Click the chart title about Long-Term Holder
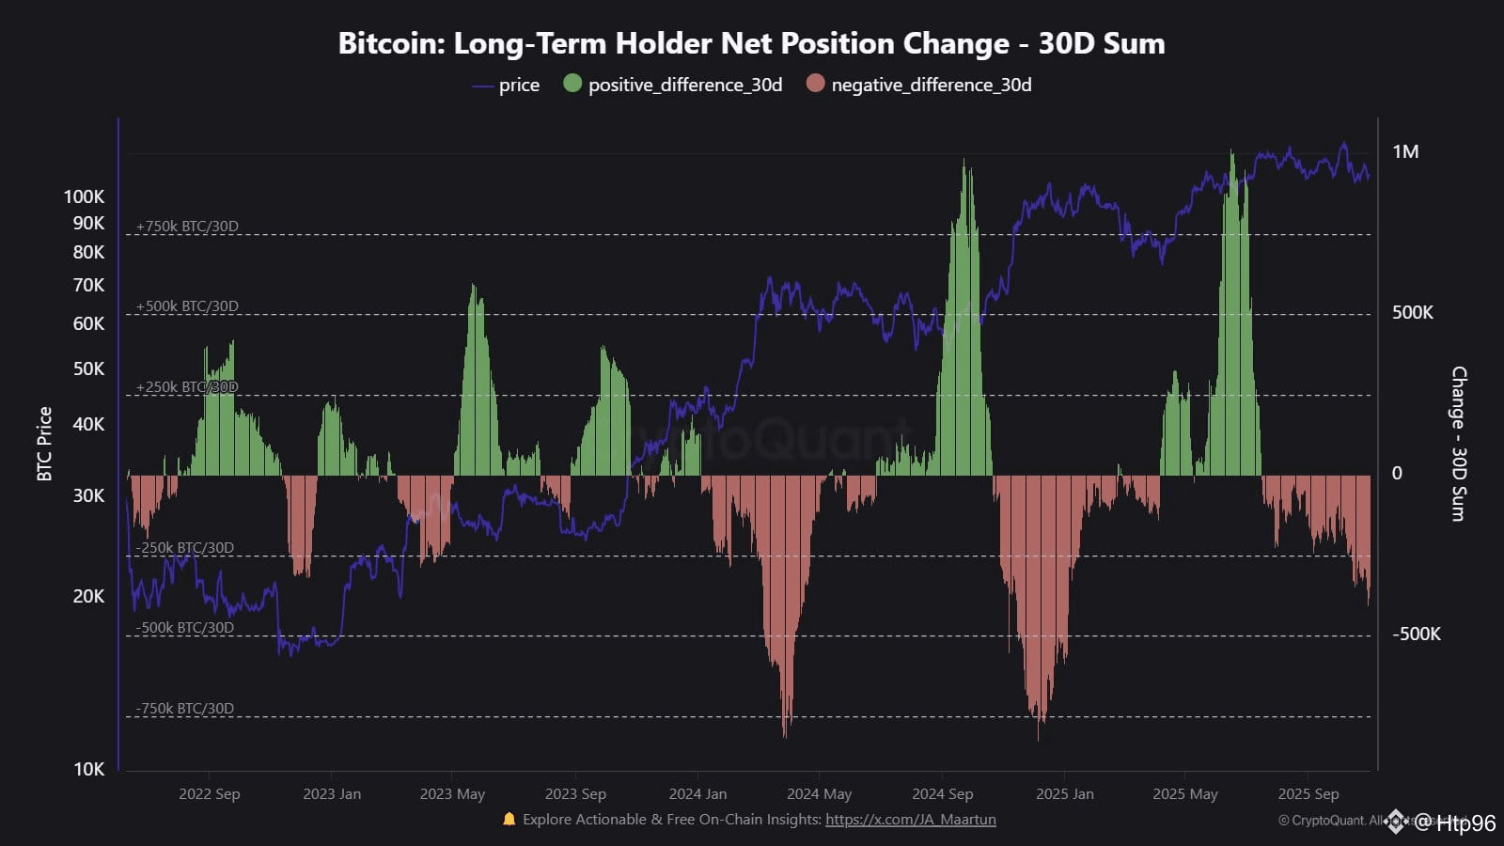tap(751, 43)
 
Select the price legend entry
tap(518, 86)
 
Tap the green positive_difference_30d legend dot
tap(572, 84)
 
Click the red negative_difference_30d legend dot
tap(815, 84)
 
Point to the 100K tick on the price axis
tap(84, 196)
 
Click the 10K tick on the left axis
tap(88, 769)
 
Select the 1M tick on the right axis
tap(1405, 152)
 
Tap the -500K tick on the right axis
tap(1416, 634)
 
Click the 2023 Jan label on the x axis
tap(331, 794)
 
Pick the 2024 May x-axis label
tap(819, 794)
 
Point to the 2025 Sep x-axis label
tap(1308, 794)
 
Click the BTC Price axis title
tap(44, 444)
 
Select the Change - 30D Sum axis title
tap(1459, 444)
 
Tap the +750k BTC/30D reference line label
tap(187, 227)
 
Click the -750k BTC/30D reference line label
tap(184, 709)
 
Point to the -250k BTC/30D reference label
tap(184, 548)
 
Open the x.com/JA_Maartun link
tap(910, 820)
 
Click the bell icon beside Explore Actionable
tap(509, 819)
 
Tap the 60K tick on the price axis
tap(88, 323)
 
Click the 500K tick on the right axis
tap(1412, 313)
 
